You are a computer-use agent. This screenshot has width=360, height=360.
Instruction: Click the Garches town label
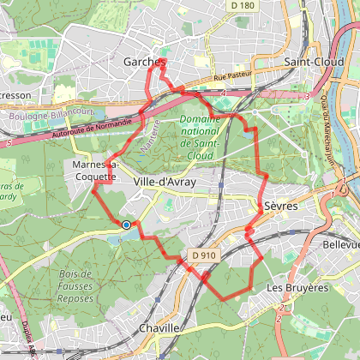coord(143,63)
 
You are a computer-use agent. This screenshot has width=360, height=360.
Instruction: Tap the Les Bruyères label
coord(298,287)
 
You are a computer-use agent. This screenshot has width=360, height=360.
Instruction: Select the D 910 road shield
coord(203,255)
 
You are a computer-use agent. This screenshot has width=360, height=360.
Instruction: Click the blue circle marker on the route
coord(126,225)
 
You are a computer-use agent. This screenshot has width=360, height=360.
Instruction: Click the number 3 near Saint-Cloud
coord(307,96)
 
